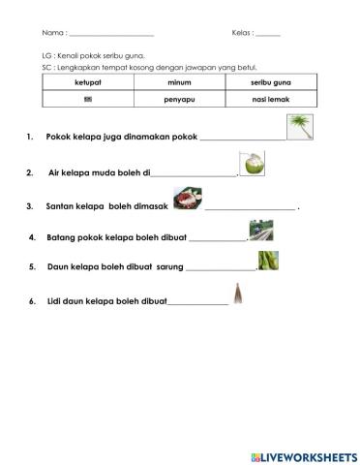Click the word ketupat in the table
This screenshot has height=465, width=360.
pyautogui.click(x=88, y=85)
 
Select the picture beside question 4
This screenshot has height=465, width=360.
pyautogui.click(x=260, y=230)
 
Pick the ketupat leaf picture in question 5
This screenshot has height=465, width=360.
pyautogui.click(x=268, y=260)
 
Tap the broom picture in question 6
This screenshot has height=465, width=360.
pyautogui.click(x=236, y=294)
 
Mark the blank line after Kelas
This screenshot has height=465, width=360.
pyautogui.click(x=268, y=35)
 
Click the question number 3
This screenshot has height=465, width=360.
pyautogui.click(x=31, y=206)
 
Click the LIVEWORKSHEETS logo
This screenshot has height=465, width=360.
pyautogui.click(x=303, y=455)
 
